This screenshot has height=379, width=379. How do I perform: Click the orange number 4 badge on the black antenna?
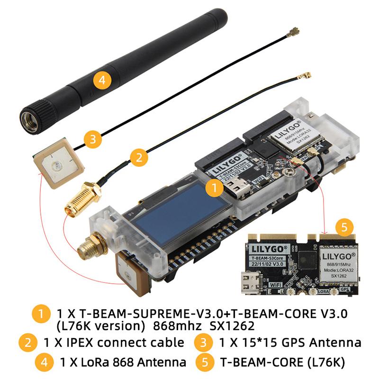pos(102,79)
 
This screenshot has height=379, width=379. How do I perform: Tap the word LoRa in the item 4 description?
pos(91,363)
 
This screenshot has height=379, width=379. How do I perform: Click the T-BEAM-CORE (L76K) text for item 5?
pos(281,363)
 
